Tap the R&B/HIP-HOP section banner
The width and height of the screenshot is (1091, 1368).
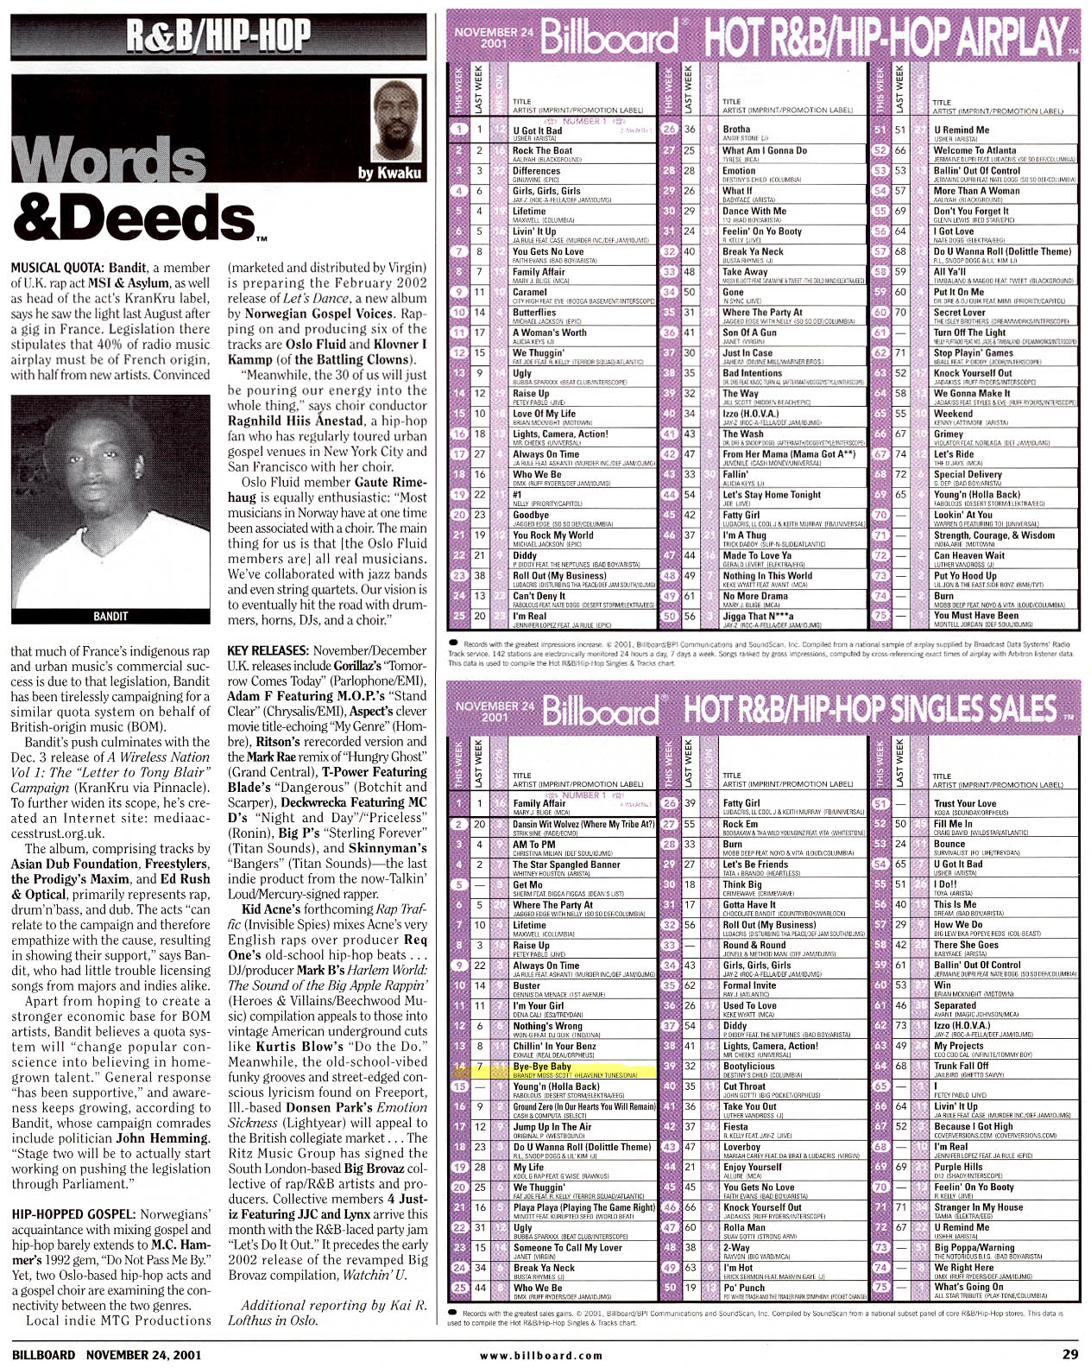(218, 35)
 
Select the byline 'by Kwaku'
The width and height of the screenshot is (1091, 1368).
(389, 173)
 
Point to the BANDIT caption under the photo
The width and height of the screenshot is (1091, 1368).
(110, 616)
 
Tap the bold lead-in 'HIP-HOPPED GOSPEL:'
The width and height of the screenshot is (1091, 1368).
(74, 1214)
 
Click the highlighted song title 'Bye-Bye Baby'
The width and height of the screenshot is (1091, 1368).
(542, 1067)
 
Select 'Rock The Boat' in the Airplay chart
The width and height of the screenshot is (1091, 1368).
(542, 150)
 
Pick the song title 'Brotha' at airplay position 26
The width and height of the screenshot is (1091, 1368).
(736, 130)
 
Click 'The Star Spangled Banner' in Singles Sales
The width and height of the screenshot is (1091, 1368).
(566, 864)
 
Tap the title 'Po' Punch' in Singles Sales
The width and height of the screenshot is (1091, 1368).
(744, 1288)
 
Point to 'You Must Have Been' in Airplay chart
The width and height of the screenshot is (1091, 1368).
(976, 616)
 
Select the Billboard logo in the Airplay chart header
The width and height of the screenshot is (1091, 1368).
(609, 37)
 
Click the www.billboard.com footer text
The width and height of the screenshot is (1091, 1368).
(541, 1355)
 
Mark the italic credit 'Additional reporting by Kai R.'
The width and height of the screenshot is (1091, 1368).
(334, 1305)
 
